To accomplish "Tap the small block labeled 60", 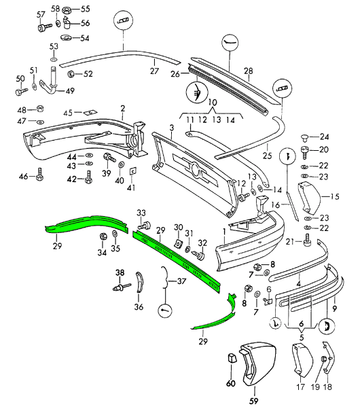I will click(x=231, y=358).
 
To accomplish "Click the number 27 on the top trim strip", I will click(x=154, y=70).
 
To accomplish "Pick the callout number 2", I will click(x=123, y=108).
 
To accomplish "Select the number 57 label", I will click(x=40, y=14).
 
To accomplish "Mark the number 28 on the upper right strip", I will click(x=248, y=71).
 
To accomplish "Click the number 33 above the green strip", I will click(x=141, y=213).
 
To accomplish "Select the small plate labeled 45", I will click(x=88, y=113).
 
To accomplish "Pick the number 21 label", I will click(x=288, y=241).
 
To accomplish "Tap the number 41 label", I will click(x=131, y=187).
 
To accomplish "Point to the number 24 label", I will click(x=324, y=136).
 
